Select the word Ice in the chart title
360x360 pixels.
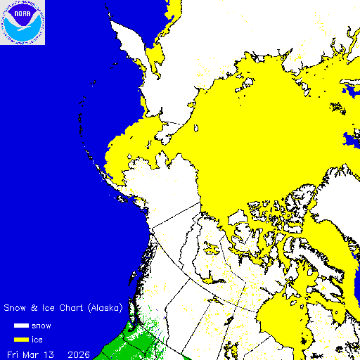46,308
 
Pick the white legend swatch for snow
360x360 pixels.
22,326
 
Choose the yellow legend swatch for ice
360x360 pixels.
22,340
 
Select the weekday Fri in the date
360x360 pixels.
13,353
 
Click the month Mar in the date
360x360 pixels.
34,353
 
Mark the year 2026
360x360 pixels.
79,353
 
